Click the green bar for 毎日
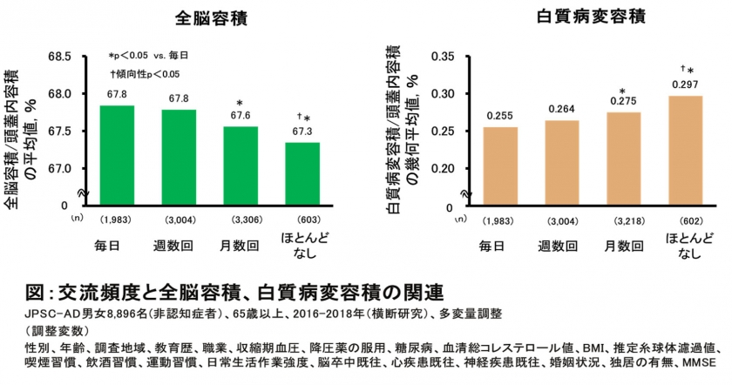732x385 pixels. pos(117,155)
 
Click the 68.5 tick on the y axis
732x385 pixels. pos(60,57)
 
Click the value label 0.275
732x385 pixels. pos(623,102)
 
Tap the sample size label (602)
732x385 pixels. pos(684,218)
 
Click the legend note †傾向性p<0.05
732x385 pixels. pos(145,74)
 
